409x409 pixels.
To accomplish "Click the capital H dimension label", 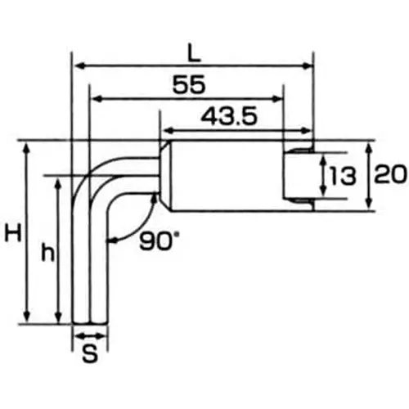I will click(12, 234).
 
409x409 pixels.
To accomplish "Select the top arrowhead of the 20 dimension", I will click(370, 146).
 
